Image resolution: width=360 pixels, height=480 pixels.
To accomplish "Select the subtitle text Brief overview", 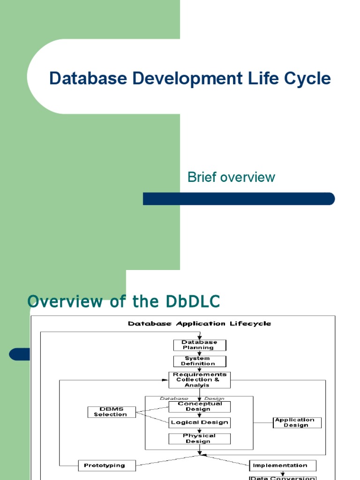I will point(231,177).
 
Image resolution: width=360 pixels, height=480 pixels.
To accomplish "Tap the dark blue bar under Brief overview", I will point(239,199).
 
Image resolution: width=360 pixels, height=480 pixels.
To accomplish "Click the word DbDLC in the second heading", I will point(193,301).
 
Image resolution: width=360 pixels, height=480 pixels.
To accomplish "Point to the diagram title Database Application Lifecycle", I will point(200,323).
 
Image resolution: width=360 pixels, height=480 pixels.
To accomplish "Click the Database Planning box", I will point(199,345).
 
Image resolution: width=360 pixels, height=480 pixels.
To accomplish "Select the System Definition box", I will point(199,361).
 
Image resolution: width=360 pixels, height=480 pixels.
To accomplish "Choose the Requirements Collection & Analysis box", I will point(199,380).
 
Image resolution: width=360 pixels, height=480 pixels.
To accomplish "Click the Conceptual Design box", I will point(200,406).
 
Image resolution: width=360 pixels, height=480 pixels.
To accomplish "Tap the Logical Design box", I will point(200,422).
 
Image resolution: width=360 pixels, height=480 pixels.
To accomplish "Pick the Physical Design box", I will point(200,438).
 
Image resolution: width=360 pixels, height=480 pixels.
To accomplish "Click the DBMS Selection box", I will point(111,412).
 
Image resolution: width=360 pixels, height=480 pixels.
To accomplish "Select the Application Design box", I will point(297,422).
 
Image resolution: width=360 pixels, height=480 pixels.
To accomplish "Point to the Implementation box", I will point(282,465).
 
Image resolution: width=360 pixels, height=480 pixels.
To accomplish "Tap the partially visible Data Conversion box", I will point(282,477).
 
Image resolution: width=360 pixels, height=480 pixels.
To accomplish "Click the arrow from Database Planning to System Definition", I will point(199,353).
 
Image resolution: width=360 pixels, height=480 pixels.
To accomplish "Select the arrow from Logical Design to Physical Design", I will point(200,430).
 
